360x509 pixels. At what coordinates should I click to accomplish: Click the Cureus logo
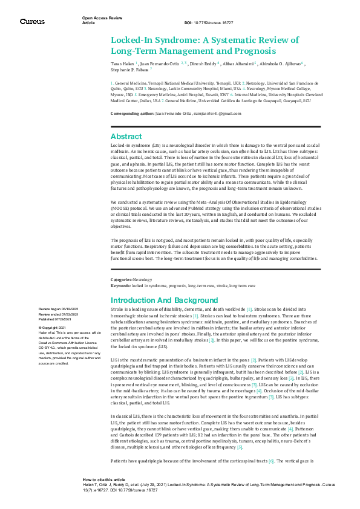(x=32, y=21)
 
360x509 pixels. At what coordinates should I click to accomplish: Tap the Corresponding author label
(x=132, y=113)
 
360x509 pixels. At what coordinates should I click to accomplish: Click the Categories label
(x=120, y=280)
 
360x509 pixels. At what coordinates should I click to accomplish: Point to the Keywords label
(x=120, y=284)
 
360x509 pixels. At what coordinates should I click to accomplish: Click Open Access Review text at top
(x=97, y=18)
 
